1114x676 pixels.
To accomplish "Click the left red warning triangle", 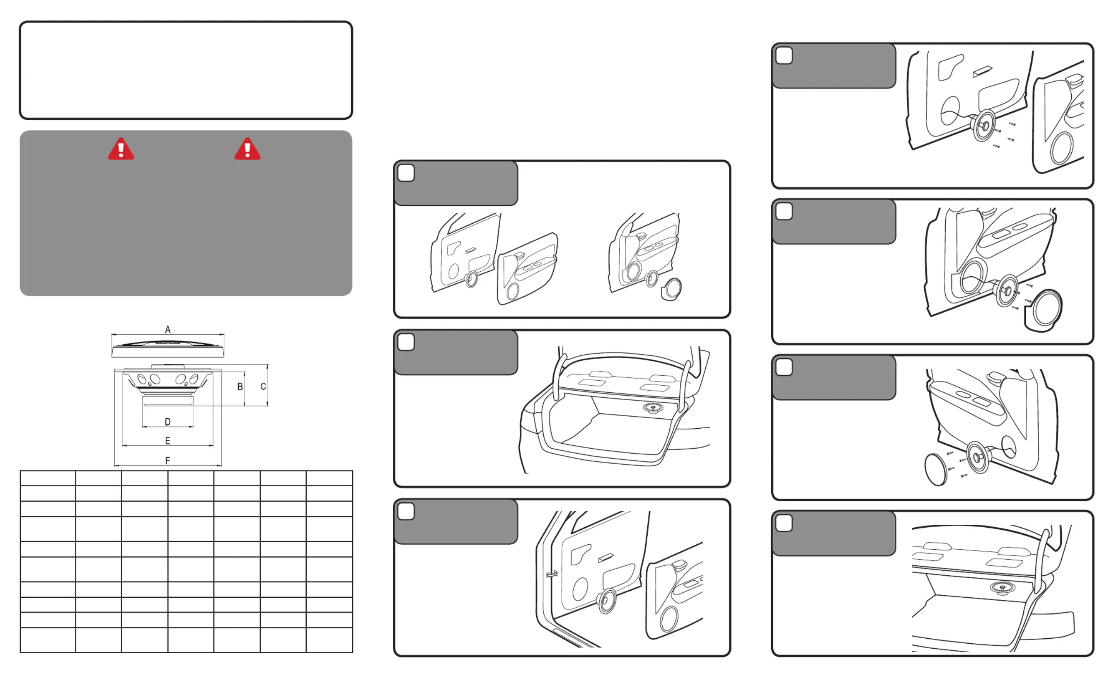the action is (x=121, y=150).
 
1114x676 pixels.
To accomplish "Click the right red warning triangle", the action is (x=247, y=150).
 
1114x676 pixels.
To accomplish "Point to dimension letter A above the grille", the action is (x=168, y=330).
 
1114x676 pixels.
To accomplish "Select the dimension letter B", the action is (x=240, y=387).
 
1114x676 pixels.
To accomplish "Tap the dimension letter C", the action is (x=263, y=387).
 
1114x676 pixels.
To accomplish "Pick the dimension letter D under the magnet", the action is (x=168, y=422).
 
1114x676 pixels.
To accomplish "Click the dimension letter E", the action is (x=168, y=441).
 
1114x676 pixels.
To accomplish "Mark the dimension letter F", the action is (x=168, y=461).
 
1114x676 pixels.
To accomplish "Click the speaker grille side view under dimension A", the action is (x=168, y=349).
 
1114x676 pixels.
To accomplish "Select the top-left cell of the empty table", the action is (x=48, y=478).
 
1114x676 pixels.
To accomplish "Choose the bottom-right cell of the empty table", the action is (x=329, y=640).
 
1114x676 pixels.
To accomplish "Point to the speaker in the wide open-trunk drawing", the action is (x=653, y=408).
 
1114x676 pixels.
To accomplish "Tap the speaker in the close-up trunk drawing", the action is (x=1003, y=588).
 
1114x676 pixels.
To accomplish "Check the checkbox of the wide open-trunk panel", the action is (x=406, y=342).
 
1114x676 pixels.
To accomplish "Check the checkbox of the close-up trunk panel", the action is (x=784, y=523).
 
